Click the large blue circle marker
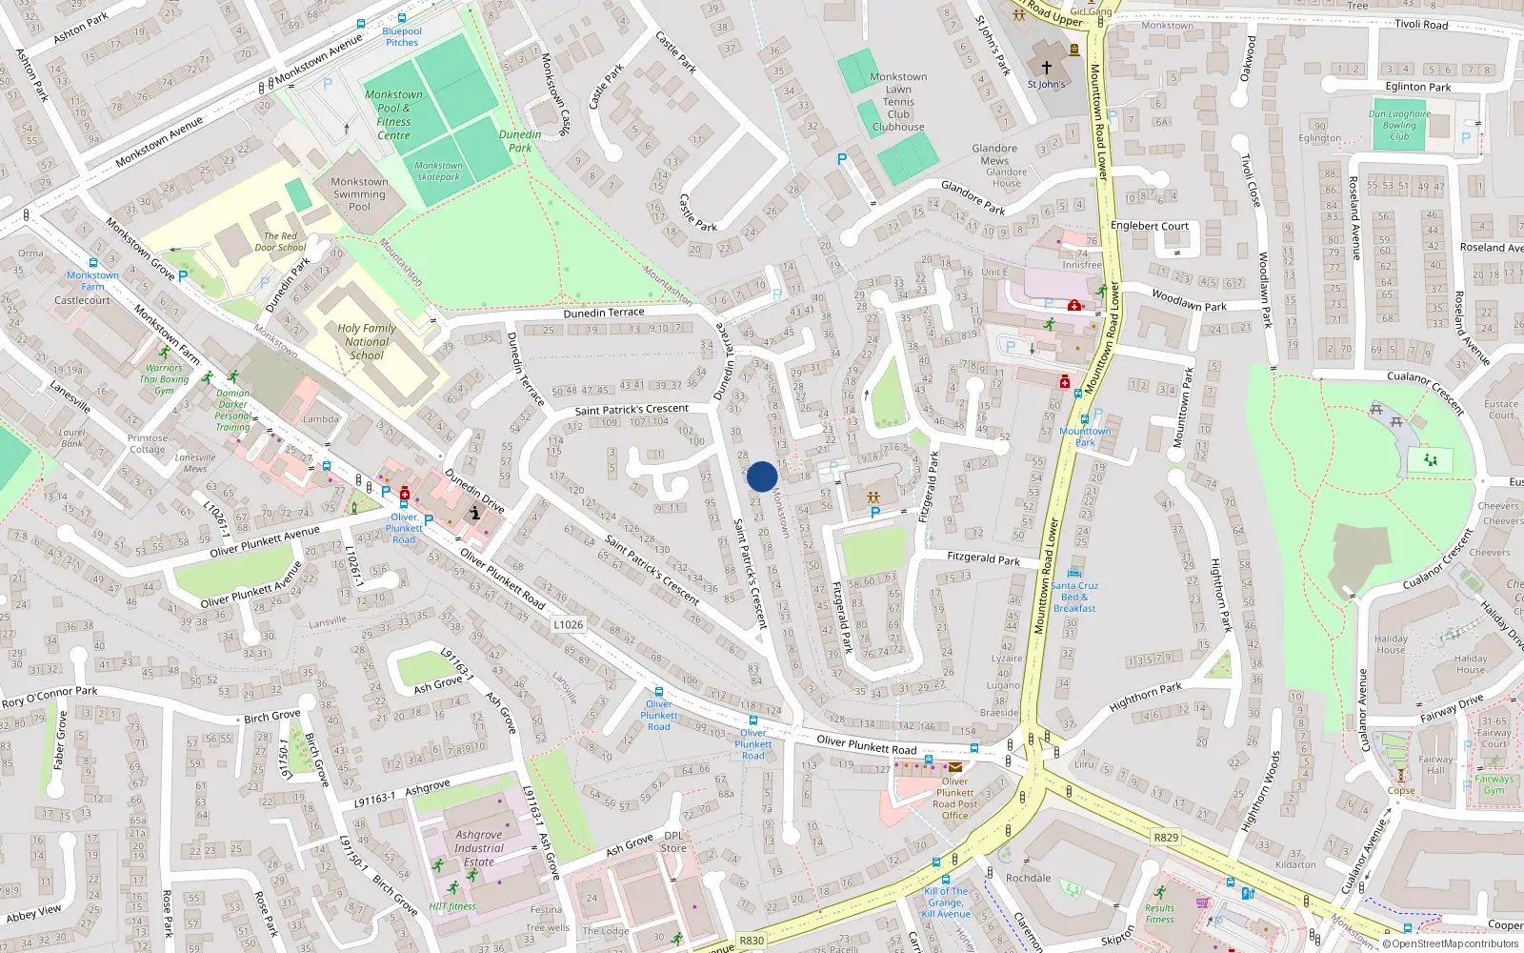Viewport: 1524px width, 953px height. pyautogui.click(x=762, y=476)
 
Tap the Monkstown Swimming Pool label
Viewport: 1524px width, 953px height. pyautogui.click(x=359, y=194)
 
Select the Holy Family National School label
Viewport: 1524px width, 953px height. pyautogui.click(x=367, y=341)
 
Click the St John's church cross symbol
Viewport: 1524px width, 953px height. pyautogui.click(x=1046, y=68)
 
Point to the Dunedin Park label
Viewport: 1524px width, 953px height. pyautogui.click(x=520, y=141)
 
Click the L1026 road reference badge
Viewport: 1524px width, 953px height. pyautogui.click(x=568, y=625)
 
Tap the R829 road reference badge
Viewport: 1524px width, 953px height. pyautogui.click(x=1166, y=838)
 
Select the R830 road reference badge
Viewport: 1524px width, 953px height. pyautogui.click(x=752, y=941)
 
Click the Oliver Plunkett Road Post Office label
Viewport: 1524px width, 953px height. pyautogui.click(x=954, y=798)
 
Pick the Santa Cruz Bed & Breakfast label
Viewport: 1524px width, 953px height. pyautogui.click(x=1074, y=598)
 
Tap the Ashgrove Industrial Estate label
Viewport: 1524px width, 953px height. pyautogui.click(x=479, y=848)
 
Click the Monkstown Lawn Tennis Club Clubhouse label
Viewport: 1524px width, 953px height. pyautogui.click(x=898, y=102)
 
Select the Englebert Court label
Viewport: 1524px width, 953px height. pyautogui.click(x=1150, y=226)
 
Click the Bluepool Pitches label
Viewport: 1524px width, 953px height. pyautogui.click(x=402, y=36)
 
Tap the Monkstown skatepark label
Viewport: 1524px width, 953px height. pyautogui.click(x=438, y=171)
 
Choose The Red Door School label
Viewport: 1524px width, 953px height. pyautogui.click(x=280, y=242)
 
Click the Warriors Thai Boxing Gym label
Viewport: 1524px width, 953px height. pyautogui.click(x=164, y=379)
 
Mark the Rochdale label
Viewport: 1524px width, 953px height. pyautogui.click(x=1029, y=878)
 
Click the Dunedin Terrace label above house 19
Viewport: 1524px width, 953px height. pyautogui.click(x=604, y=313)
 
